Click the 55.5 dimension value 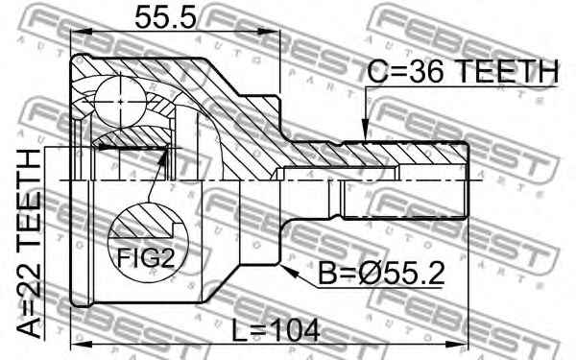point(165,18)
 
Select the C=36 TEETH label point(463,71)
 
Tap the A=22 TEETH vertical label point(30,244)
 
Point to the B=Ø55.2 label point(381,274)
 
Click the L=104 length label point(276,330)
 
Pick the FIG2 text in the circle point(146,258)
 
